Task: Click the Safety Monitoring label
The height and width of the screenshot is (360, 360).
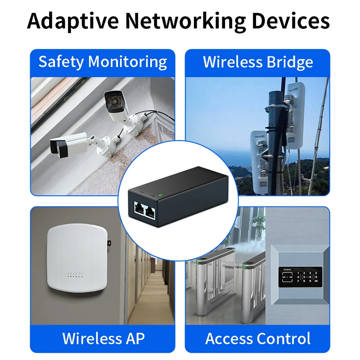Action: tap(103, 62)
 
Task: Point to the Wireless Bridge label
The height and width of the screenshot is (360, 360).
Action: tap(258, 62)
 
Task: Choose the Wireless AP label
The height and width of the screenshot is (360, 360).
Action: tap(103, 338)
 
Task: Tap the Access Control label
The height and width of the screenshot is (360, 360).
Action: tap(258, 338)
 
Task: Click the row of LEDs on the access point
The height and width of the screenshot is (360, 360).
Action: tap(75, 274)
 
